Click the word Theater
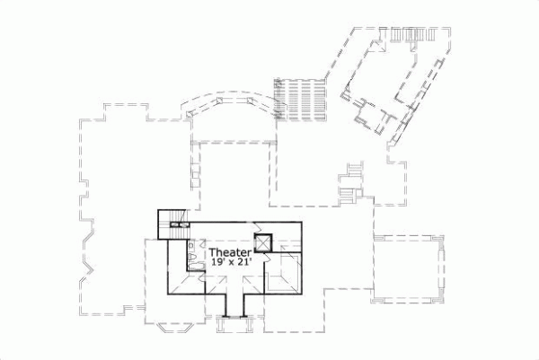(x=229, y=253)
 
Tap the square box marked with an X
(x=264, y=242)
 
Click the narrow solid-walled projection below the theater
(x=233, y=306)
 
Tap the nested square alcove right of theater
(x=287, y=271)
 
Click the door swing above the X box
(x=258, y=226)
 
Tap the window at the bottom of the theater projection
(x=233, y=317)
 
